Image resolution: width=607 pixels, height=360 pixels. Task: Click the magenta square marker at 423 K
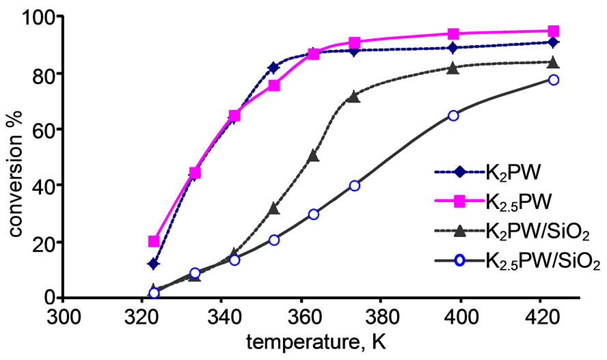(x=553, y=31)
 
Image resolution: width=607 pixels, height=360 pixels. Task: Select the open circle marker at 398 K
(x=453, y=115)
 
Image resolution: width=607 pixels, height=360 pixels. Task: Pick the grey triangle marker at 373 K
(x=353, y=96)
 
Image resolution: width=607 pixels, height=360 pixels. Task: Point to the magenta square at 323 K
(x=154, y=241)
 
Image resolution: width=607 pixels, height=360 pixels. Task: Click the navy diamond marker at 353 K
(x=273, y=68)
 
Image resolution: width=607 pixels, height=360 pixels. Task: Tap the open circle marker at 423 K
(x=553, y=80)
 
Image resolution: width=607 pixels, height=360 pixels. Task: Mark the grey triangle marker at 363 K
(x=314, y=156)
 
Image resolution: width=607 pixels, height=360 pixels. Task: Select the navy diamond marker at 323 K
(x=154, y=264)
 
